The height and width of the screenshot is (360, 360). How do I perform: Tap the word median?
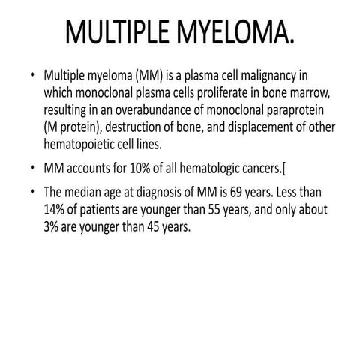(89, 187)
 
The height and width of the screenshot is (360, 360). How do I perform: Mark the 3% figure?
(54, 219)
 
